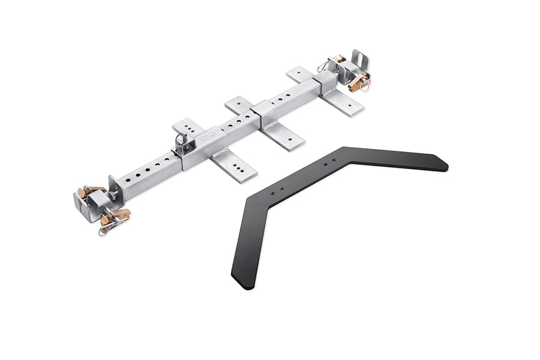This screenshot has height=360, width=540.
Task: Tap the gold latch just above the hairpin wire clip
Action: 118,215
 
